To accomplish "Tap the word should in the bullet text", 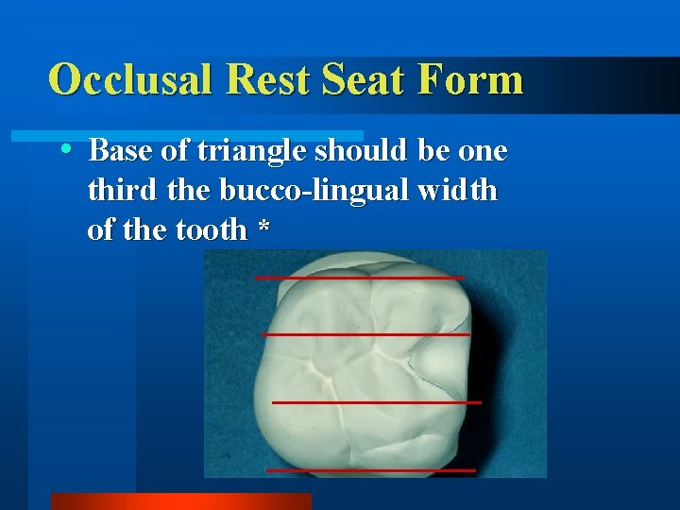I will (360, 151).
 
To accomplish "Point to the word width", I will (455, 191).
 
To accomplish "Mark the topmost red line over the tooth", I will (360, 278).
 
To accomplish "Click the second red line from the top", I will (365, 334).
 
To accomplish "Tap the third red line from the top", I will (376, 402).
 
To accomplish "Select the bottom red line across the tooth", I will (371, 469).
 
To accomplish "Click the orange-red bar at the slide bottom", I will (180, 501).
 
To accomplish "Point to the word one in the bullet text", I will (484, 151).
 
